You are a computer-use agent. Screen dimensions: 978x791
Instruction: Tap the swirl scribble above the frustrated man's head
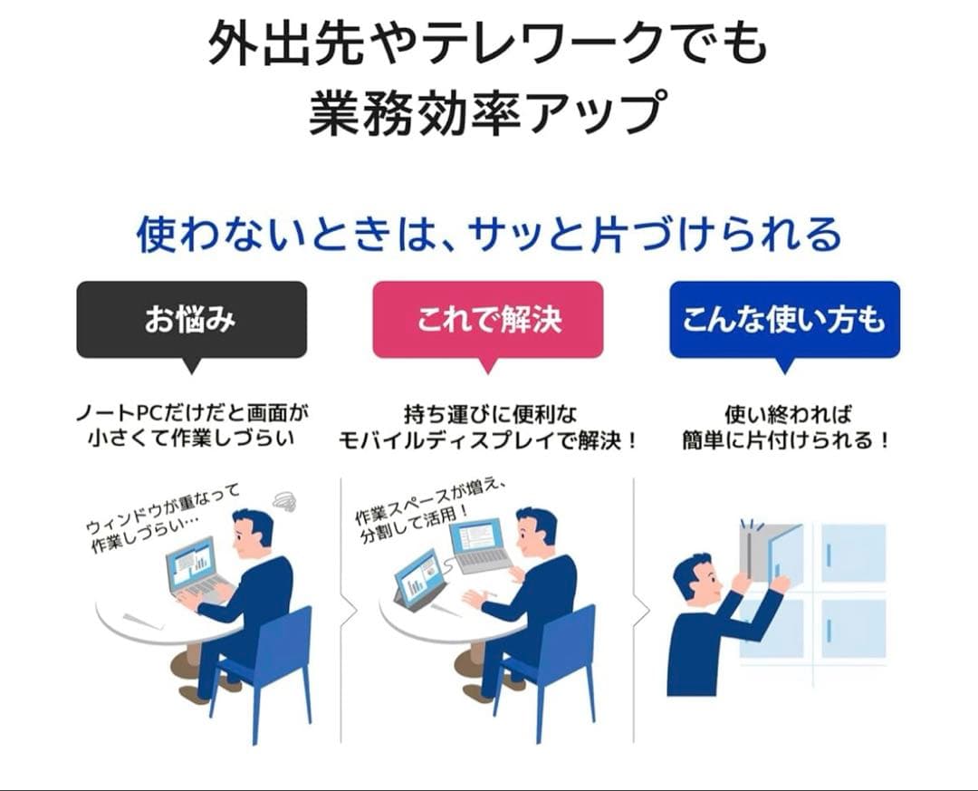284,501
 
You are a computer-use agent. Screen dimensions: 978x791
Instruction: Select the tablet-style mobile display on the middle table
418,577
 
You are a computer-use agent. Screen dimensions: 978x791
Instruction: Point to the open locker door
783,553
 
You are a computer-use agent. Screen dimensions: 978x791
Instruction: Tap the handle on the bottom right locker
829,629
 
